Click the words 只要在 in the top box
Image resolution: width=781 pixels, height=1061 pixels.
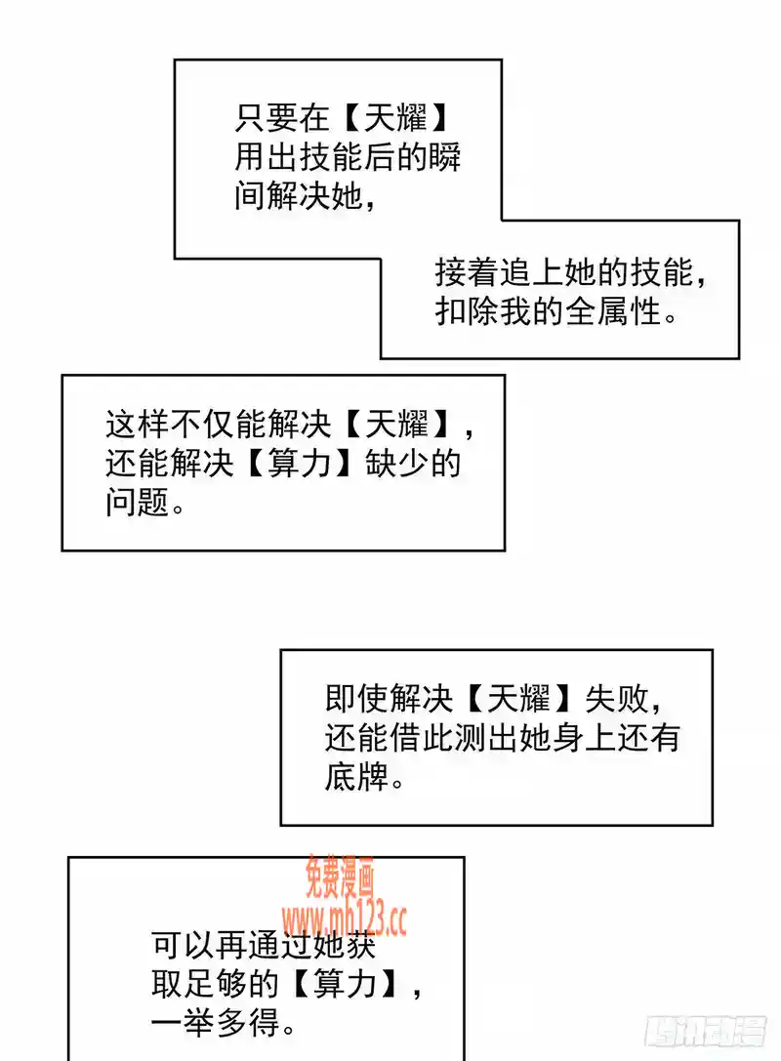[282, 119]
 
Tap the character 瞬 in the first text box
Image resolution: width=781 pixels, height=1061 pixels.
[445, 158]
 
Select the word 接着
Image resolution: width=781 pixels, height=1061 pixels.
[467, 272]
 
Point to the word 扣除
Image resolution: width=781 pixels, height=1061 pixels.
[467, 312]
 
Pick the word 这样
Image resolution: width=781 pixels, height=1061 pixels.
[138, 425]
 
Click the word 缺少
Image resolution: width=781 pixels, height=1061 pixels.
[396, 464]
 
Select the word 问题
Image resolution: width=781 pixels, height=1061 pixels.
[138, 503]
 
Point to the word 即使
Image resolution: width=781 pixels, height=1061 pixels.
[356, 698]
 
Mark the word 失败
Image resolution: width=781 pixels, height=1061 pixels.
[617, 698]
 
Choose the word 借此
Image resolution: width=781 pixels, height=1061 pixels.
[422, 738]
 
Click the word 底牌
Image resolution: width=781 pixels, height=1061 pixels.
[356, 777]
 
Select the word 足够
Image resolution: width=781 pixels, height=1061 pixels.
[216, 984]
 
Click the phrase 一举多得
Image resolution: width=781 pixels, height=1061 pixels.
[215, 1023]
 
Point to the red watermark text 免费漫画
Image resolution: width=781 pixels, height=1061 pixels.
[340, 877]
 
